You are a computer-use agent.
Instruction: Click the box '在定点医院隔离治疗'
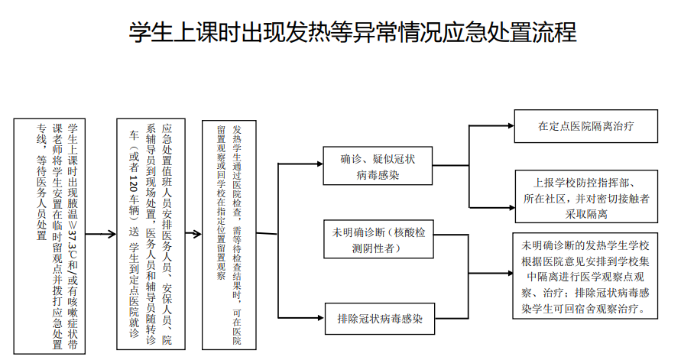pyautogui.click(x=586, y=126)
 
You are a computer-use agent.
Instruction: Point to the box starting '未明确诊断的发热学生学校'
pyautogui.click(x=585, y=278)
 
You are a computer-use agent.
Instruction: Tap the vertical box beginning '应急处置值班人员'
pyautogui.click(x=151, y=236)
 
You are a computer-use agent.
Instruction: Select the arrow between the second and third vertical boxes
pyautogui.click(x=194, y=236)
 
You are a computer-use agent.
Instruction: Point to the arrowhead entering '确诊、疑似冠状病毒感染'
pyautogui.click(x=319, y=163)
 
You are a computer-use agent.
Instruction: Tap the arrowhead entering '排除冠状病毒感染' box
pyautogui.click(x=319, y=316)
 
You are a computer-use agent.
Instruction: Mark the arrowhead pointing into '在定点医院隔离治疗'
pyautogui.click(x=511, y=125)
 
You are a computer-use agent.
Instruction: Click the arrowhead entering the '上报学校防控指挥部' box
pyautogui.click(x=511, y=206)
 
